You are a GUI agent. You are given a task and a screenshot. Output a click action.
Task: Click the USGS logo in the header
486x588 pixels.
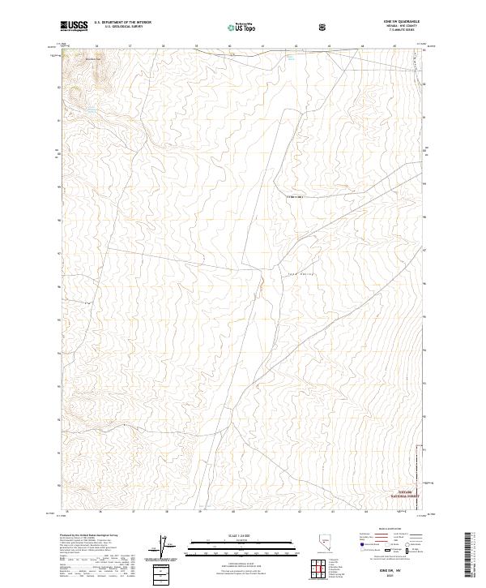click(x=75, y=26)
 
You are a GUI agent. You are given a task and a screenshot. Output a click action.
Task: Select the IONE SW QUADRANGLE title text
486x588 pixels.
click(x=396, y=22)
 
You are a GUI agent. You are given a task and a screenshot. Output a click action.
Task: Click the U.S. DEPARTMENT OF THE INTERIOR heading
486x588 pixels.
click(x=122, y=23)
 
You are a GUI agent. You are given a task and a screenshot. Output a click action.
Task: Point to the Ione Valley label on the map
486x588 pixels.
click(x=299, y=276)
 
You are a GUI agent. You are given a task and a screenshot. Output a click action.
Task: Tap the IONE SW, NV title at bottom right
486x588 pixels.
click(x=398, y=570)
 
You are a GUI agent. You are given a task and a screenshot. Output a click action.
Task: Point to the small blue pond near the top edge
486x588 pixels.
click(x=288, y=58)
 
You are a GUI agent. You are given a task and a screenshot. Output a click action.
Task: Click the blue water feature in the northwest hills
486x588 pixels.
click(x=92, y=109)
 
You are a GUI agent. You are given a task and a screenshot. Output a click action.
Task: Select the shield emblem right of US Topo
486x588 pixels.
click(x=324, y=26)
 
